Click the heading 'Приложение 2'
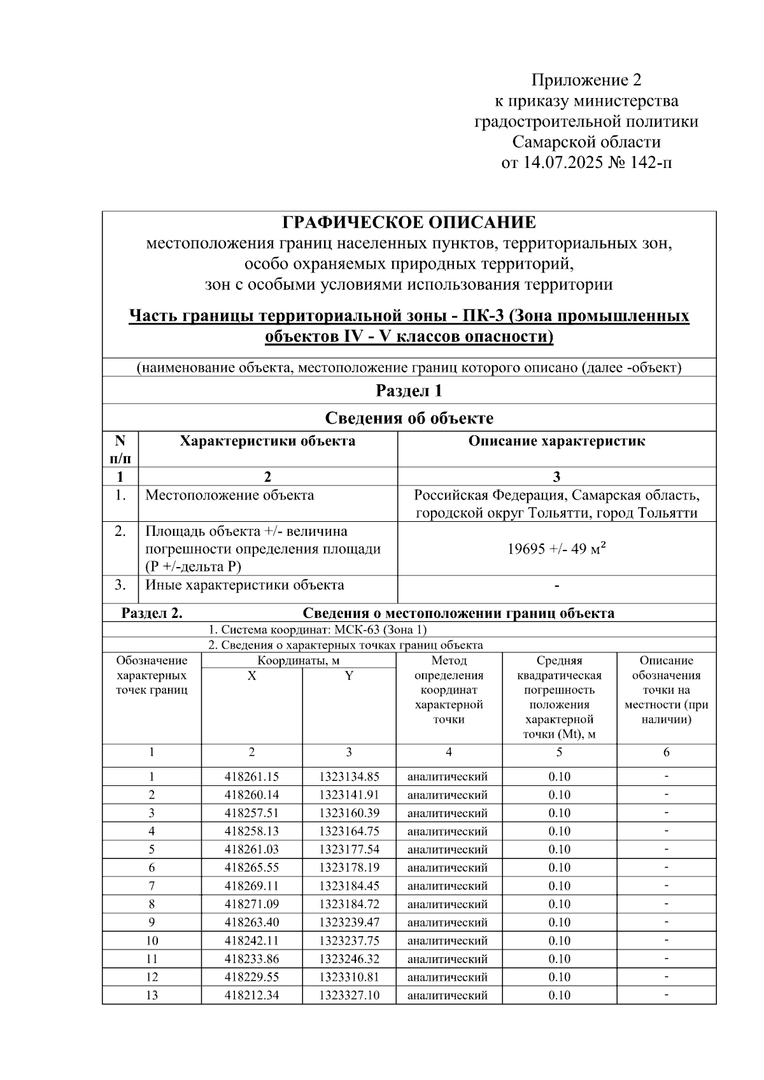pyautogui.click(x=586, y=80)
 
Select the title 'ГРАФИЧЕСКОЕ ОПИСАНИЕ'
pyautogui.click(x=409, y=223)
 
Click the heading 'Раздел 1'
pyautogui.click(x=409, y=390)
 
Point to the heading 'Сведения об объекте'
pyautogui.click(x=409, y=418)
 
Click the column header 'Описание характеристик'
pyautogui.click(x=556, y=441)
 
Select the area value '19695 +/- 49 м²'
pyautogui.click(x=556, y=549)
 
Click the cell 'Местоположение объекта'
pyautogui.click(x=229, y=495)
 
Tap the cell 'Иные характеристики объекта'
pyautogui.click(x=244, y=585)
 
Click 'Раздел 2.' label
pyautogui.click(x=152, y=613)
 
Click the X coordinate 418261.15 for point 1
pyautogui.click(x=251, y=776)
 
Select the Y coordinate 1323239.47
pyautogui.click(x=349, y=922)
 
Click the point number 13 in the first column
pyautogui.click(x=152, y=995)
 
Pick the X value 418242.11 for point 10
pyautogui.click(x=251, y=941)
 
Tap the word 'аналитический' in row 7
pyautogui.click(x=448, y=886)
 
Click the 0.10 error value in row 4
pyautogui.click(x=559, y=831)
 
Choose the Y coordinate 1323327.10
pyautogui.click(x=349, y=995)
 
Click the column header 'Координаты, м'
pyautogui.click(x=299, y=661)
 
